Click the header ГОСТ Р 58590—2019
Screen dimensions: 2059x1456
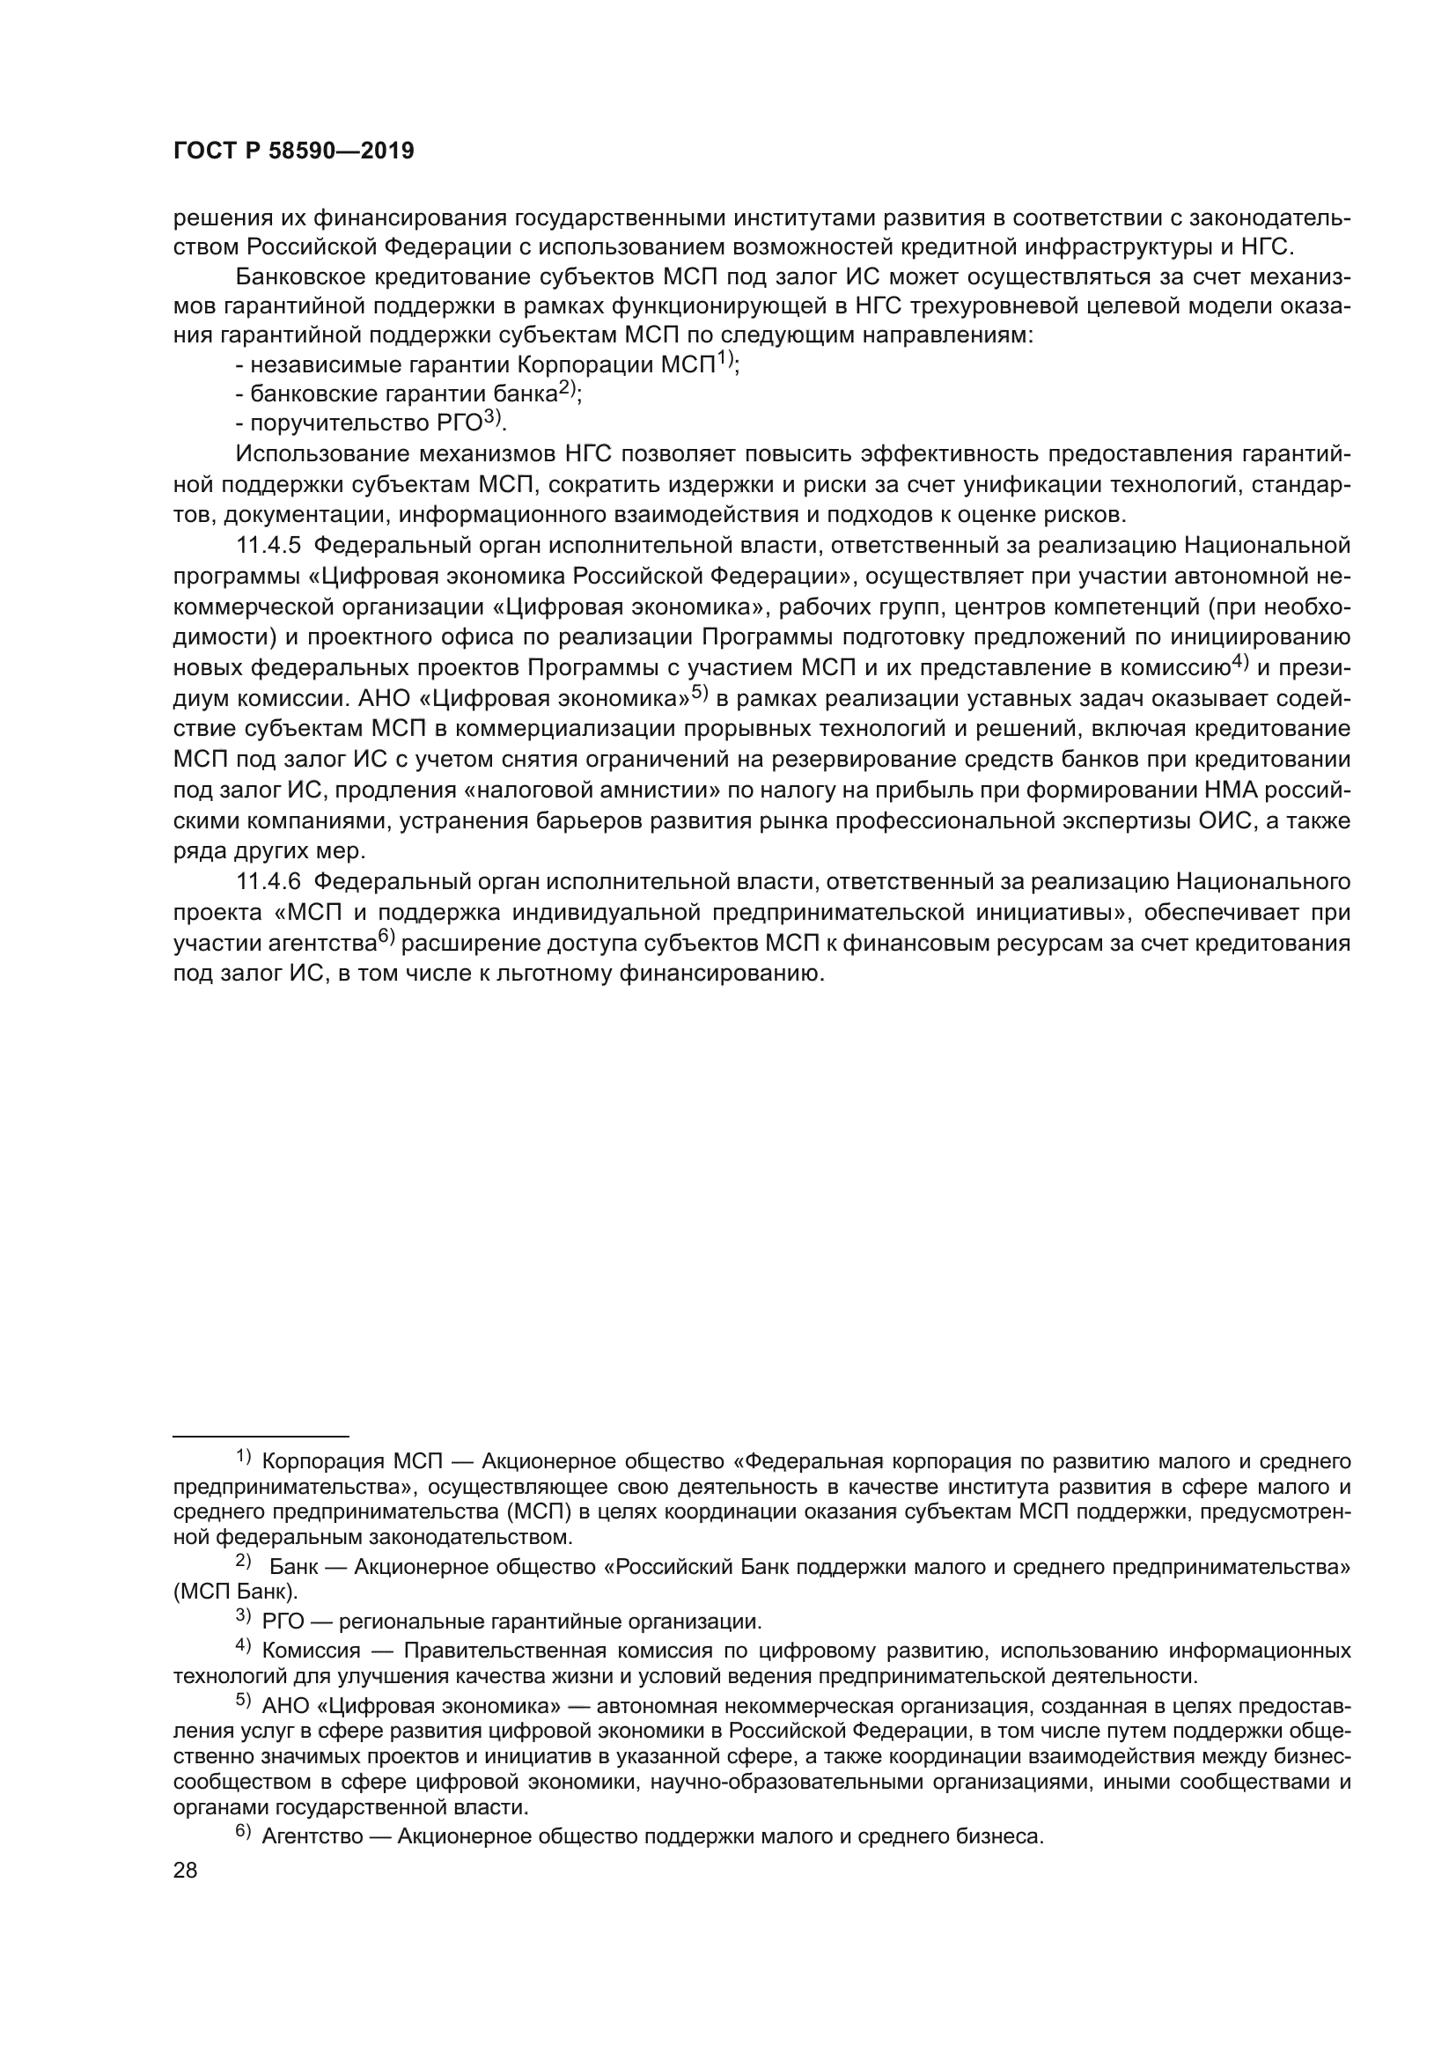(x=293, y=151)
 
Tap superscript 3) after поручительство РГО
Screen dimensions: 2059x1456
(x=493, y=417)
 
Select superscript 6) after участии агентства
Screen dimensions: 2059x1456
(x=386, y=938)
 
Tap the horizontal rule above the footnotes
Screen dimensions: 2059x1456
(x=260, y=1436)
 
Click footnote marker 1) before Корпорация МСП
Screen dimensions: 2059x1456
(x=244, y=1456)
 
